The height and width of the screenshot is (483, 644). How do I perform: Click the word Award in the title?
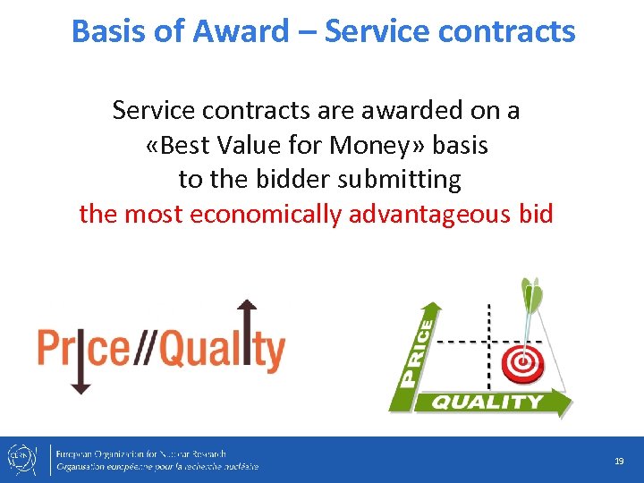[244, 31]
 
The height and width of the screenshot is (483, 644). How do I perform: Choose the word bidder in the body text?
[282, 180]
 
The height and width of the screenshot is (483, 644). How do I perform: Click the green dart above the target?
[531, 304]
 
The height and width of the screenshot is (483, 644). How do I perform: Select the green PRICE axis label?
[417, 352]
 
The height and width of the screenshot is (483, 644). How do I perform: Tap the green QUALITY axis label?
[487, 402]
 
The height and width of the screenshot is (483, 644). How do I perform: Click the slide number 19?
[618, 461]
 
